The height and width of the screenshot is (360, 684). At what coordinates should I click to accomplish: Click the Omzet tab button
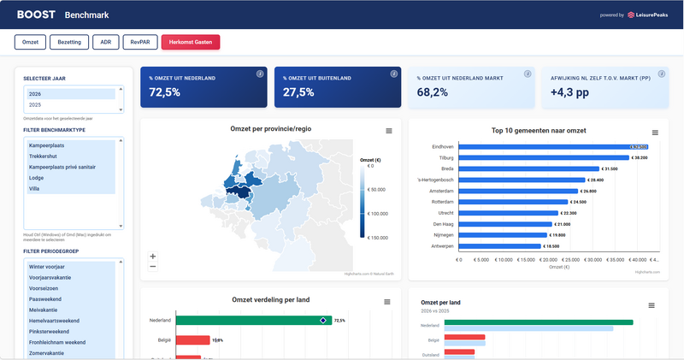pos(29,41)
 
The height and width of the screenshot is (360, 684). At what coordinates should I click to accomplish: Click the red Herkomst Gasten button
pos(191,41)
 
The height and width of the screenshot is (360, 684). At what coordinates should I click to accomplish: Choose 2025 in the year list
pos(35,104)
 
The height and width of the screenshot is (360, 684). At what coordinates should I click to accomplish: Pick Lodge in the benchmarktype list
pos(38,178)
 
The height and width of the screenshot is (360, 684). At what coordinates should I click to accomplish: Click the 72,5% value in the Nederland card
pos(165,91)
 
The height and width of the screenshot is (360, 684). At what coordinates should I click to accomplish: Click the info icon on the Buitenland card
pos(393,74)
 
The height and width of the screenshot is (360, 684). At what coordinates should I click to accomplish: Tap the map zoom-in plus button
pos(153,256)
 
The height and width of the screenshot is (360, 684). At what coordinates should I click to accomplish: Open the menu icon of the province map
pos(389,131)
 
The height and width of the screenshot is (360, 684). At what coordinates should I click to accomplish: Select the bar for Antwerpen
pos(499,245)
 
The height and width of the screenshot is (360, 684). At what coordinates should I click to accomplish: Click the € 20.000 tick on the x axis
pos(545,259)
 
